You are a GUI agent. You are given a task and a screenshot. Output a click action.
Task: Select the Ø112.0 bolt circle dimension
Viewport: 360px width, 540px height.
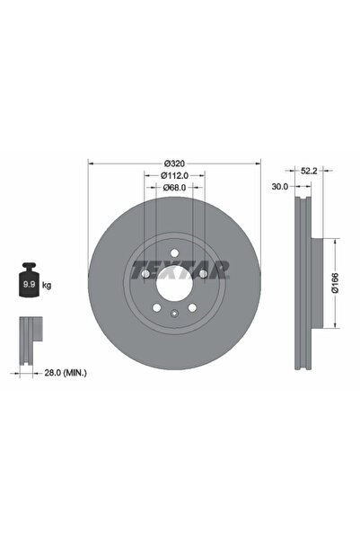point(174,175)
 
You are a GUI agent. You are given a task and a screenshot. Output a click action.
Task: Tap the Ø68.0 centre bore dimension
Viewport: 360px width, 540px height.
point(174,188)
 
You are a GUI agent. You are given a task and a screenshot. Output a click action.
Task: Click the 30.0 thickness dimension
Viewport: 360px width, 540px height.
point(279,187)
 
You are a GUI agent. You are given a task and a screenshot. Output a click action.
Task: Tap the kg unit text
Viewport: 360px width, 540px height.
point(46,285)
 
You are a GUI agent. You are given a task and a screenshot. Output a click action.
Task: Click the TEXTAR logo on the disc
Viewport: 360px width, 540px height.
point(180,268)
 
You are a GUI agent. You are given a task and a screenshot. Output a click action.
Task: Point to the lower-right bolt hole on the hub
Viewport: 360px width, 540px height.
point(192,310)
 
